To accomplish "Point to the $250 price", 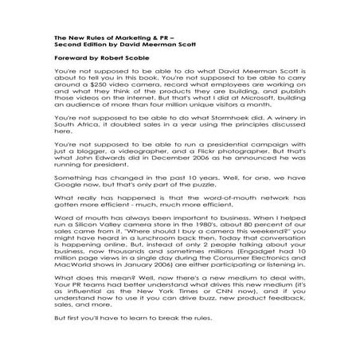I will [x=102, y=80].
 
